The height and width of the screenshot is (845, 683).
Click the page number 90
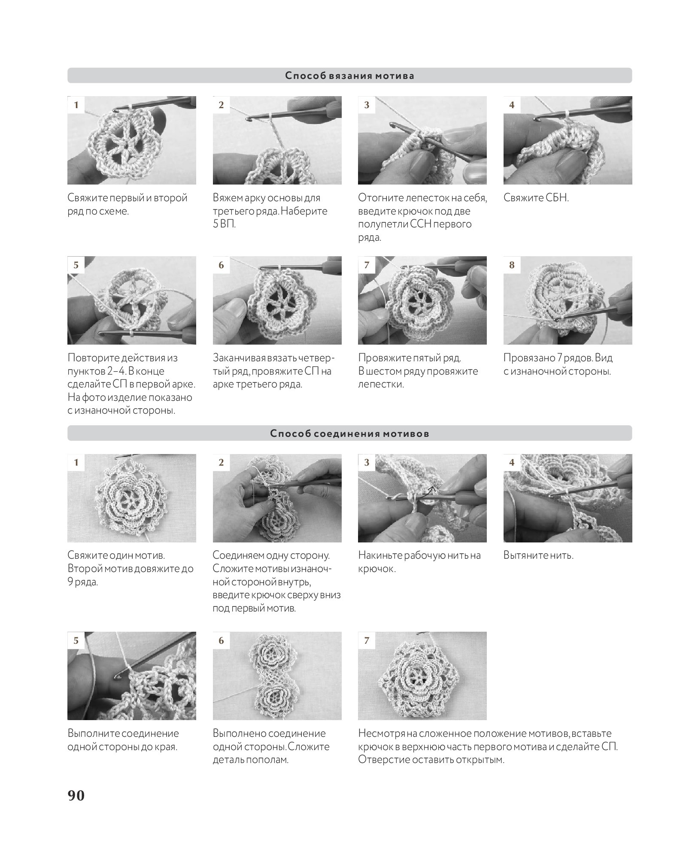76,796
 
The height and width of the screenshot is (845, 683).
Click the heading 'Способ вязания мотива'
350,76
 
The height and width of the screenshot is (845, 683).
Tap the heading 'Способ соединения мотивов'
350,433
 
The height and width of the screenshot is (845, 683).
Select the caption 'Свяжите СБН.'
536,198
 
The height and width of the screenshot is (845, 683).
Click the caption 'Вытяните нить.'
538,555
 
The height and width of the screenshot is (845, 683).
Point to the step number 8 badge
512,265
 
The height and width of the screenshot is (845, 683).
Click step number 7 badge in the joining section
366,641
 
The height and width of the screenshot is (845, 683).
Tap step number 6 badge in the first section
221,265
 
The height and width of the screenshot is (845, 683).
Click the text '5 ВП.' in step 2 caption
225,224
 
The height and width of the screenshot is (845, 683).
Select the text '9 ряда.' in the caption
83,582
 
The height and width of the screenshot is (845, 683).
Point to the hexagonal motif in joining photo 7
422,676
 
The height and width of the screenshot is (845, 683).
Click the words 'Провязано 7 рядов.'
548,358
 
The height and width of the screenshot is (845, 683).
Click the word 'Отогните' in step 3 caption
380,198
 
